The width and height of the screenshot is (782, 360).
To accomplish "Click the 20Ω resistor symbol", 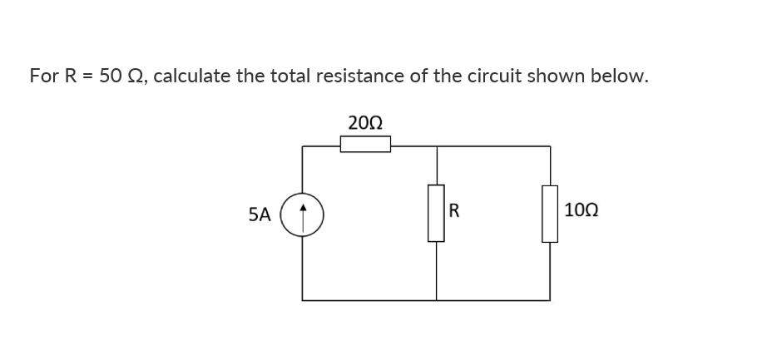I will [365, 145].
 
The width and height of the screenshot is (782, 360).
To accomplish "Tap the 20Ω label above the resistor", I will [365, 123].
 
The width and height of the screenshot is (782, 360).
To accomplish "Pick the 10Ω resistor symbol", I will [549, 213].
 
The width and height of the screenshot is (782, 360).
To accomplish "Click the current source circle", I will [303, 215].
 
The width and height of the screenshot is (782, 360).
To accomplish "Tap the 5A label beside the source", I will [260, 215].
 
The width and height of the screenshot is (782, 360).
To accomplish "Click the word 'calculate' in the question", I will [192, 76].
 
